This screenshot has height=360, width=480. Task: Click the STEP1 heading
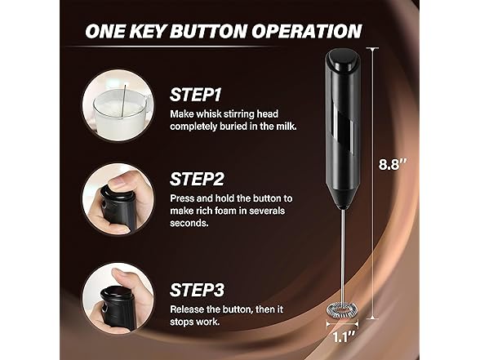click(195, 95)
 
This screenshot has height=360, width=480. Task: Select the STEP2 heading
click(197, 179)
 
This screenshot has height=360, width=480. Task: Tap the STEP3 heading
click(197, 290)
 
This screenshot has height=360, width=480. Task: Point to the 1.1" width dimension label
click(344, 337)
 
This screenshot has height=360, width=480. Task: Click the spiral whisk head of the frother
click(342, 311)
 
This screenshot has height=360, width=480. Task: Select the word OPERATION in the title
click(307, 31)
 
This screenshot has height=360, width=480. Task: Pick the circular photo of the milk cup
click(118, 105)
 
